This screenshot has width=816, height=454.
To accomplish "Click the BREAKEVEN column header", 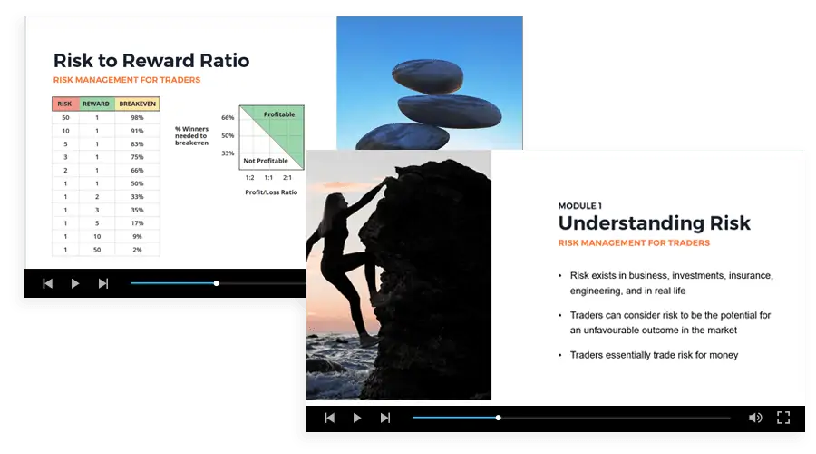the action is tap(138, 104).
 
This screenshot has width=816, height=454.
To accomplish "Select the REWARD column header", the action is tap(96, 104).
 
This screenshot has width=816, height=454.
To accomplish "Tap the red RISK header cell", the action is tap(65, 104).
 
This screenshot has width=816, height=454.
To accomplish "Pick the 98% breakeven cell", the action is tap(137, 118).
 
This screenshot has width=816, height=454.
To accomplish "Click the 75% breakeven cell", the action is tap(137, 157).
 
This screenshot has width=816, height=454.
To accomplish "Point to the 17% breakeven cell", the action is tap(137, 223).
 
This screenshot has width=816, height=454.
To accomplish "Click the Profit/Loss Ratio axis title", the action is tap(271, 192).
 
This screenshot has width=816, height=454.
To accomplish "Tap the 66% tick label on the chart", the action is tap(228, 118).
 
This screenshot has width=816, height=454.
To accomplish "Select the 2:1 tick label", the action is tap(287, 178).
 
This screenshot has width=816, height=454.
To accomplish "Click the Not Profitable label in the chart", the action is tap(266, 161).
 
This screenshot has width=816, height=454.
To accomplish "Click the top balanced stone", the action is tap(428, 76).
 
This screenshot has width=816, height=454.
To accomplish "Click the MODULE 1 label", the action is tap(579, 206).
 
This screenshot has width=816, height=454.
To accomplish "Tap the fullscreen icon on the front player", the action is tap(783, 418).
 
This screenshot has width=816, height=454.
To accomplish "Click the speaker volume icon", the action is tap(755, 418).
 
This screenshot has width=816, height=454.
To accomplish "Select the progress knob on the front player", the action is tap(498, 418).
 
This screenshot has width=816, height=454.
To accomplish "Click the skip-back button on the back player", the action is tap(47, 283).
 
